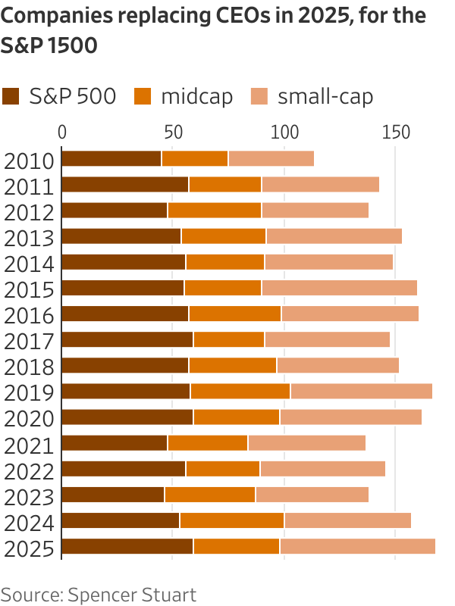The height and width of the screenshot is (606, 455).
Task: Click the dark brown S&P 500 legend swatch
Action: pyautogui.click(x=11, y=96)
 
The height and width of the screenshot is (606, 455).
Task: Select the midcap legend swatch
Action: pyautogui.click(x=143, y=96)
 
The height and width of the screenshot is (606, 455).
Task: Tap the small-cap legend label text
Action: pyautogui.click(x=325, y=96)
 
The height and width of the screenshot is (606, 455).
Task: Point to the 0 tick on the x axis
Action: pyautogui.click(x=62, y=132)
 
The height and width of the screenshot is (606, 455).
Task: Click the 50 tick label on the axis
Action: pyautogui.click(x=173, y=132)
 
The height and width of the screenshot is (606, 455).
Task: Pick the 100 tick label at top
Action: pyautogui.click(x=284, y=132)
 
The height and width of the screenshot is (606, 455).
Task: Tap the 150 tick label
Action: pyautogui.click(x=395, y=132)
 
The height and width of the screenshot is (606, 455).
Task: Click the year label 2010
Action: pyautogui.click(x=29, y=160)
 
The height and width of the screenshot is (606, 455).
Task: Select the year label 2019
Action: pyautogui.click(x=29, y=392)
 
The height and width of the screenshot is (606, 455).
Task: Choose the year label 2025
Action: pyautogui.click(x=29, y=548)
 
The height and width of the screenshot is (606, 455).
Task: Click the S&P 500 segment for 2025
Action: pyautogui.click(x=127, y=547)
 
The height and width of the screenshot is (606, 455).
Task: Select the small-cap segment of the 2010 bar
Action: pyautogui.click(x=271, y=158)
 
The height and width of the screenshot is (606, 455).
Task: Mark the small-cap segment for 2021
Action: pyautogui.click(x=306, y=443)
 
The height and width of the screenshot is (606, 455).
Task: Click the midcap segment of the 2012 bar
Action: pyautogui.click(x=215, y=211)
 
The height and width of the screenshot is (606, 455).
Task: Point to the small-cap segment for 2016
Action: pyautogui.click(x=350, y=314)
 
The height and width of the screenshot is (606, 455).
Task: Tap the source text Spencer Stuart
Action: pyautogui.click(x=132, y=593)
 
